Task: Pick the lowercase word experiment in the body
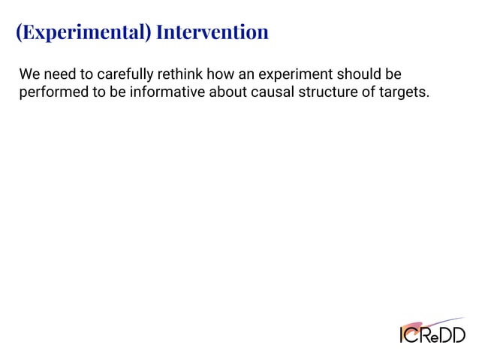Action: coord(295,75)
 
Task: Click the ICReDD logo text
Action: coord(432,334)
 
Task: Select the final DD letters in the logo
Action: coord(453,334)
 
